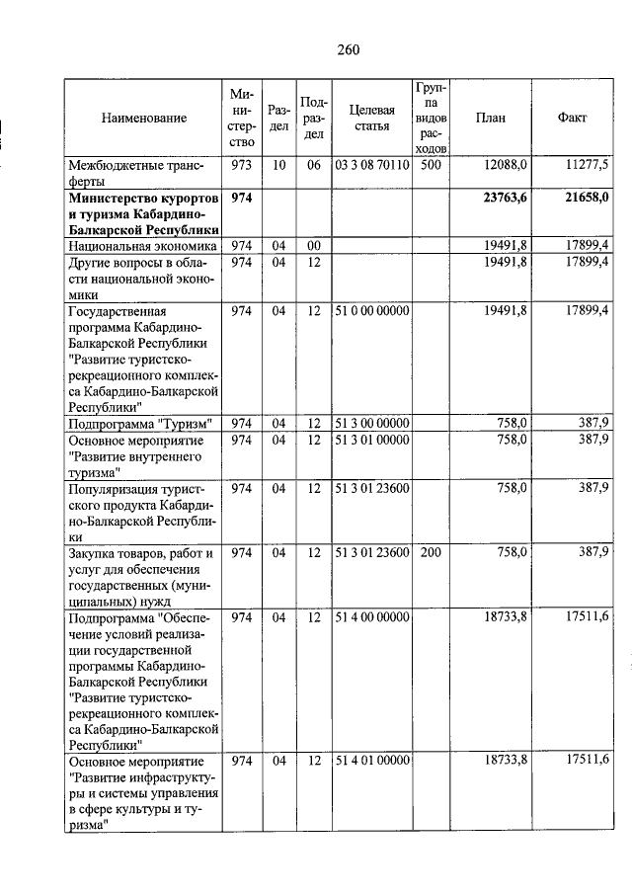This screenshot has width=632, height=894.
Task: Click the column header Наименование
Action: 143,118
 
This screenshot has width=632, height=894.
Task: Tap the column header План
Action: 490,118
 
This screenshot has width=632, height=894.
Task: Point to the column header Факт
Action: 572,118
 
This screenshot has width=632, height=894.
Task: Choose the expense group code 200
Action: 430,552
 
